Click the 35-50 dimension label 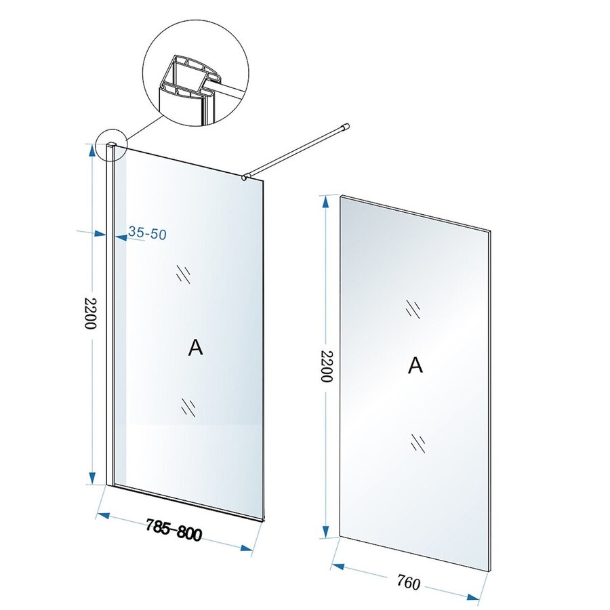click(147, 234)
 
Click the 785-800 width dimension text click(174, 530)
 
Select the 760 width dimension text click(408, 582)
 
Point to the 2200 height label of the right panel click(326, 367)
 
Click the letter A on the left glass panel click(195, 348)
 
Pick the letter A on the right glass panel click(415, 365)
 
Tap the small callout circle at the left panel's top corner click(111, 146)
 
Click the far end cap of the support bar click(346, 125)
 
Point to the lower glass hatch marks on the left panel click(188, 407)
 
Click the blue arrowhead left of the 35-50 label click(117, 237)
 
